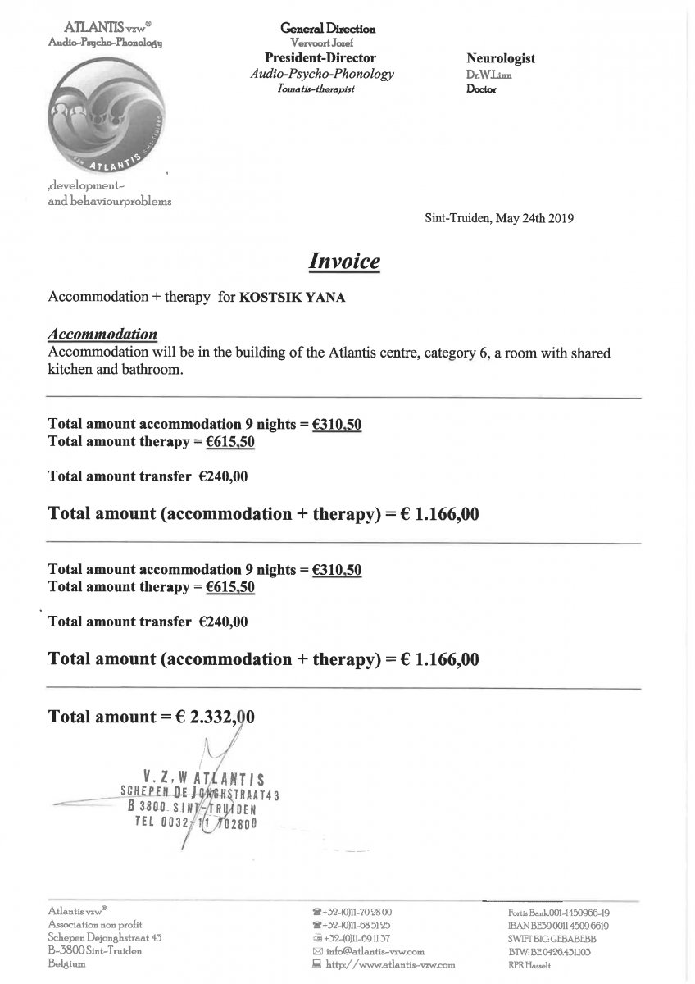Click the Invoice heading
tap(344, 262)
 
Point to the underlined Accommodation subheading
tap(103, 335)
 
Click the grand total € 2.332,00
tap(214, 716)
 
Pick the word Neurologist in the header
tap(501, 59)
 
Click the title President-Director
tap(320, 58)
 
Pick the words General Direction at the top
tap(328, 29)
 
